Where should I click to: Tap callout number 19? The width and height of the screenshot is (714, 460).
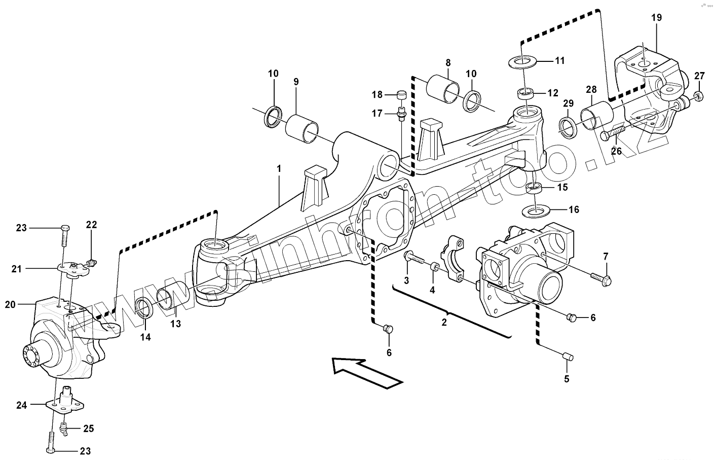click(x=656, y=18)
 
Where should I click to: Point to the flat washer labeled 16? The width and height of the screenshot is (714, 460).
click(x=533, y=209)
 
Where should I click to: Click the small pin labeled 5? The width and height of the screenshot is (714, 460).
click(x=568, y=357)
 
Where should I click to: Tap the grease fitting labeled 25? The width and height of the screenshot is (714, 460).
click(x=64, y=429)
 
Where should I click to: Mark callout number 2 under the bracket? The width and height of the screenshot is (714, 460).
click(x=444, y=322)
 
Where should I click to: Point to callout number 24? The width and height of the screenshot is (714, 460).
click(x=21, y=405)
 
